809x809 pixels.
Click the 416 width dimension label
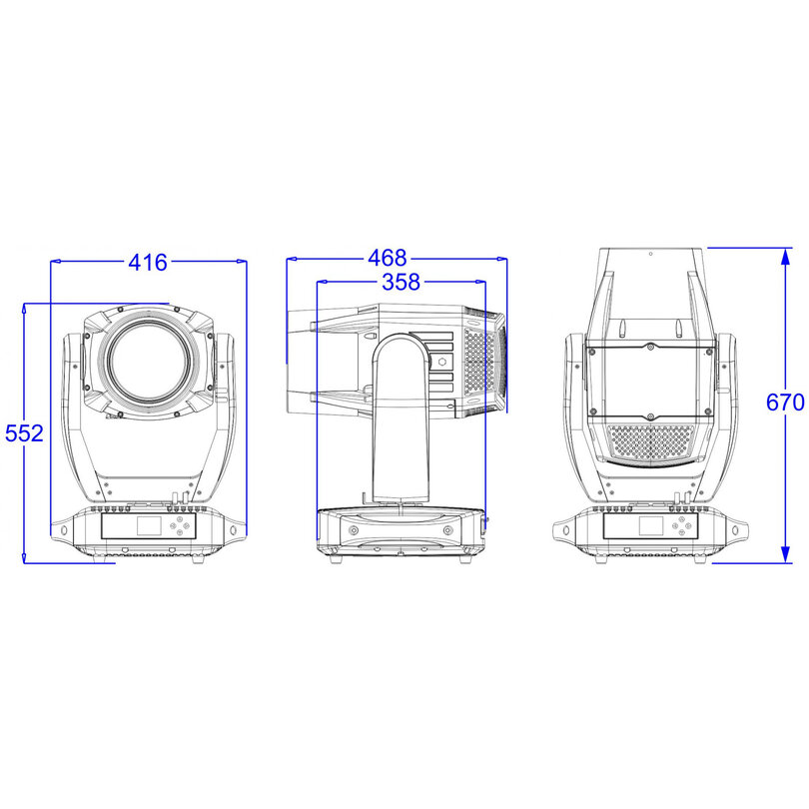(148, 262)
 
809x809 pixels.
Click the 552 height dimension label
(24, 433)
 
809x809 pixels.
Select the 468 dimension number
(388, 258)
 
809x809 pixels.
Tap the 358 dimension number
(402, 282)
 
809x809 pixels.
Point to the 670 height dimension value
(785, 403)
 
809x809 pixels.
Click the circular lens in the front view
(150, 362)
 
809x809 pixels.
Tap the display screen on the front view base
(150, 525)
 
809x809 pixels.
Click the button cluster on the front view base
(180, 525)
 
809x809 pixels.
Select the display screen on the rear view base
(651, 525)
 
